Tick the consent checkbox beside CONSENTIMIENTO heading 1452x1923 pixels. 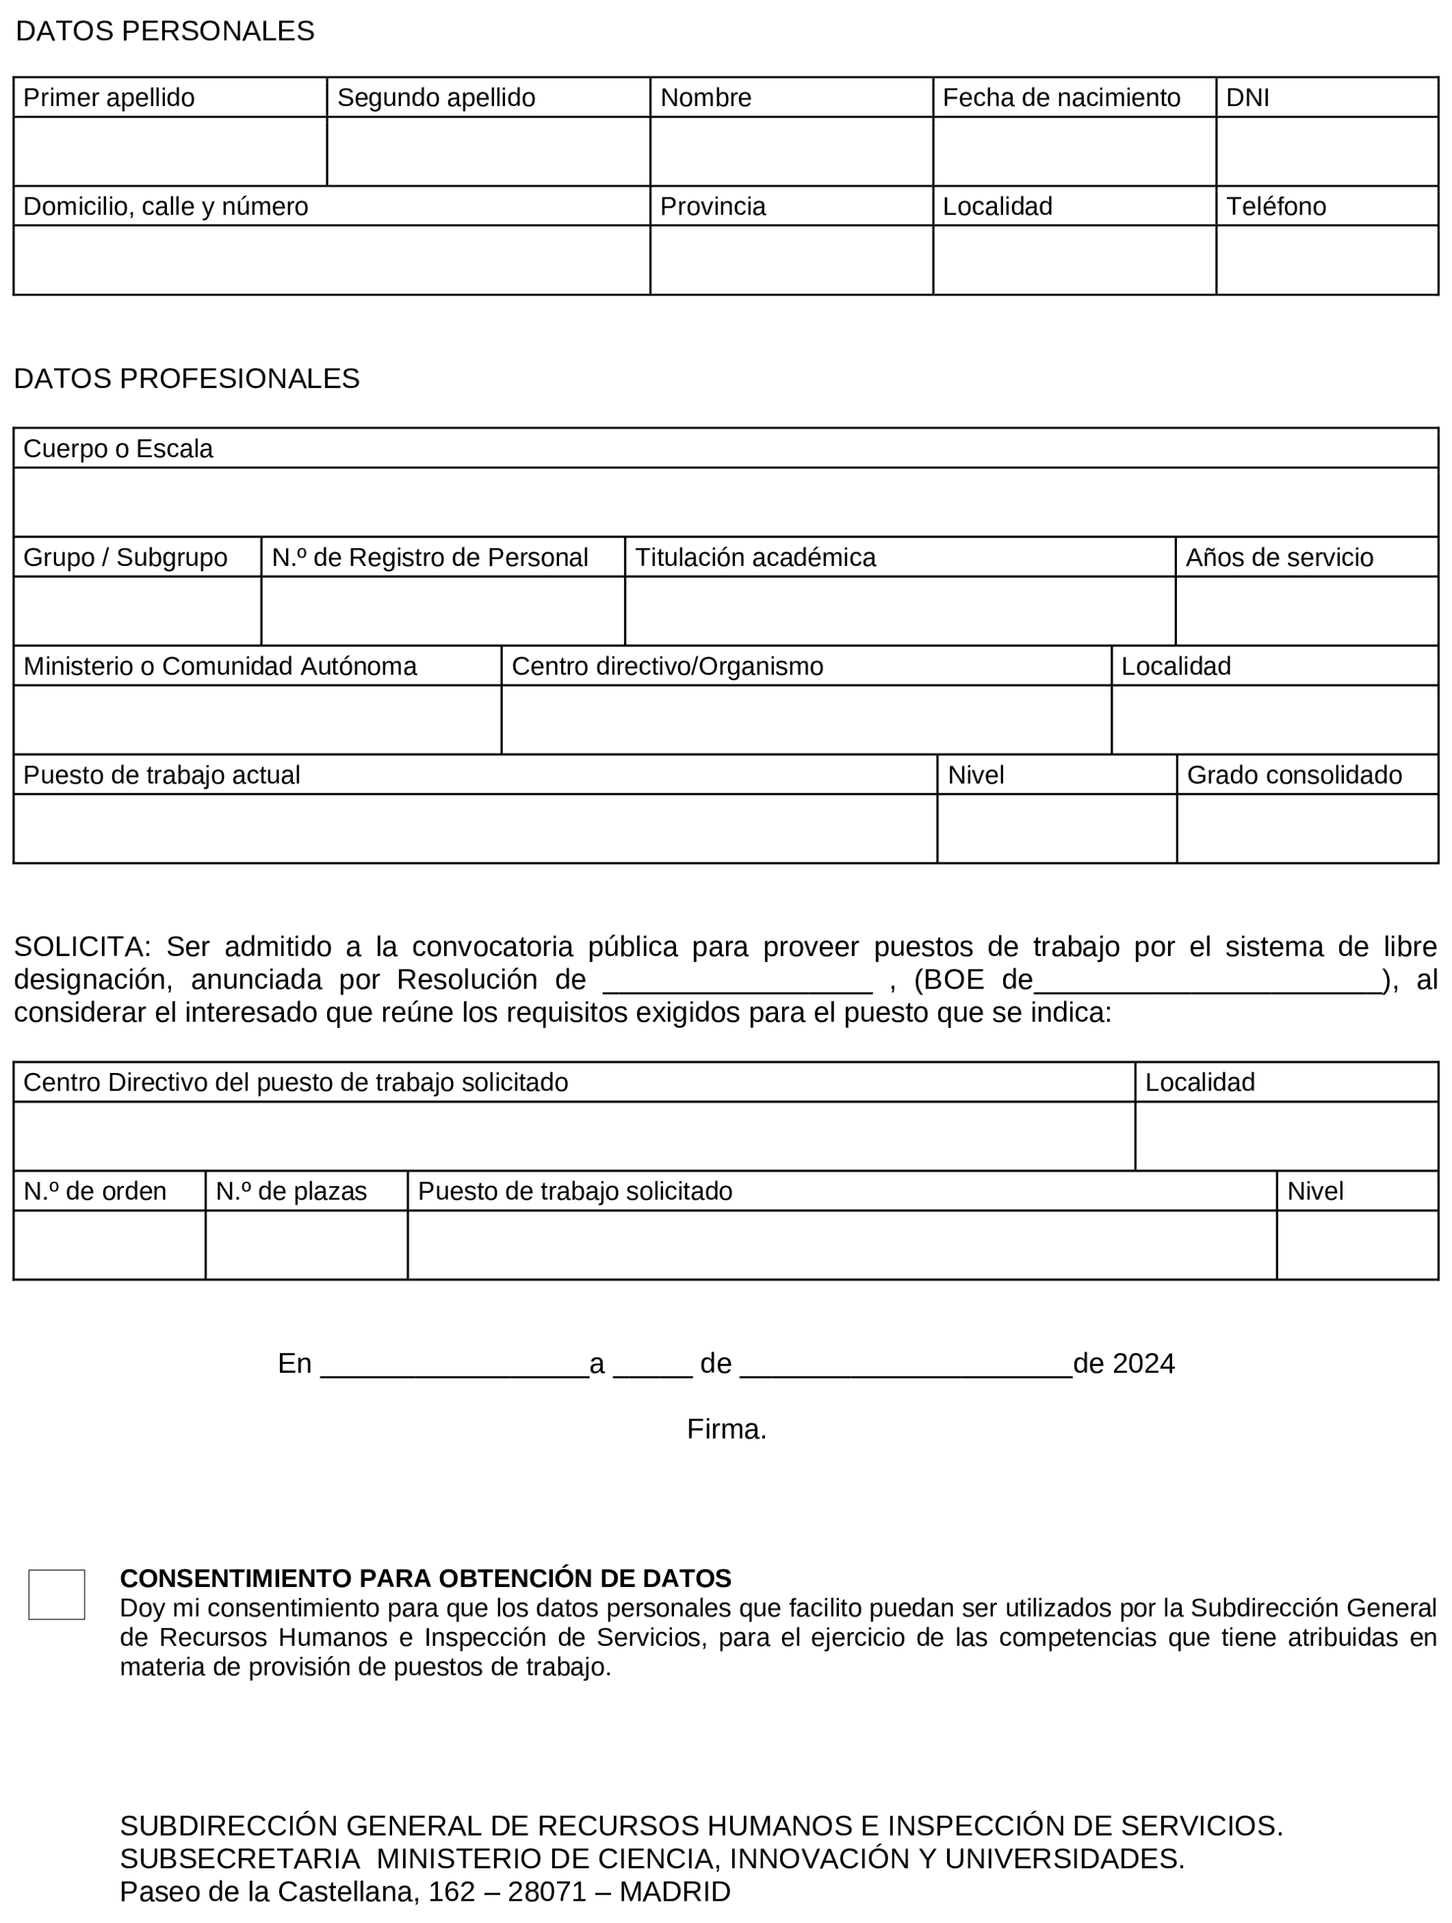coord(57,1595)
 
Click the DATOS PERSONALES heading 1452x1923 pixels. coord(165,31)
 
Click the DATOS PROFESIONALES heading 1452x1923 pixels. coord(186,378)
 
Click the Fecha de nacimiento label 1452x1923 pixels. coord(1061,98)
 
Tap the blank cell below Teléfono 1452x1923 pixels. coord(1326,260)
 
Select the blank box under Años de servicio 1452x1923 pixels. coord(1306,610)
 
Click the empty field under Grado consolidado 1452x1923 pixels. coord(1306,828)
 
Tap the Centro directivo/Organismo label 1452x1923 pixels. coord(667,666)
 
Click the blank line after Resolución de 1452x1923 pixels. coord(737,982)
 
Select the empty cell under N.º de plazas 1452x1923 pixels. coord(306,1244)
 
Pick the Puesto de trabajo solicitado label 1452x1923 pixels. coord(575,1191)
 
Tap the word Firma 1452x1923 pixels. coord(726,1429)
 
